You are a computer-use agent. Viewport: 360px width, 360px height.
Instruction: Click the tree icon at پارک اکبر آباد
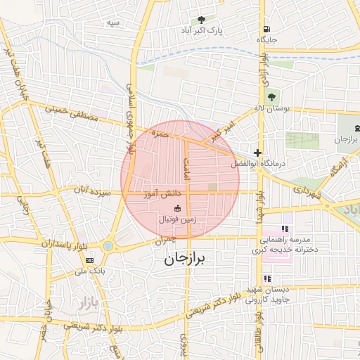(202, 20)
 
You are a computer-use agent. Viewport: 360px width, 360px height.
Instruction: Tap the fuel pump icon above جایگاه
(266, 30)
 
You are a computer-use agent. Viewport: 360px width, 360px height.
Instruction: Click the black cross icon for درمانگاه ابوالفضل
(258, 153)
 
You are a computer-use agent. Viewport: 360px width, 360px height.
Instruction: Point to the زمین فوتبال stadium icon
(176, 208)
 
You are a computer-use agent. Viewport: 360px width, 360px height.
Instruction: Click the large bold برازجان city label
(188, 259)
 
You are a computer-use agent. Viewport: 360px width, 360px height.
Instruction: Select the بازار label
(82, 305)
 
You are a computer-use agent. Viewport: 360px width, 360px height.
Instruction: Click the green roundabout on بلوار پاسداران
(108, 246)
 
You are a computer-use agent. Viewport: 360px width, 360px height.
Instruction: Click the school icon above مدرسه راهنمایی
(285, 229)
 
